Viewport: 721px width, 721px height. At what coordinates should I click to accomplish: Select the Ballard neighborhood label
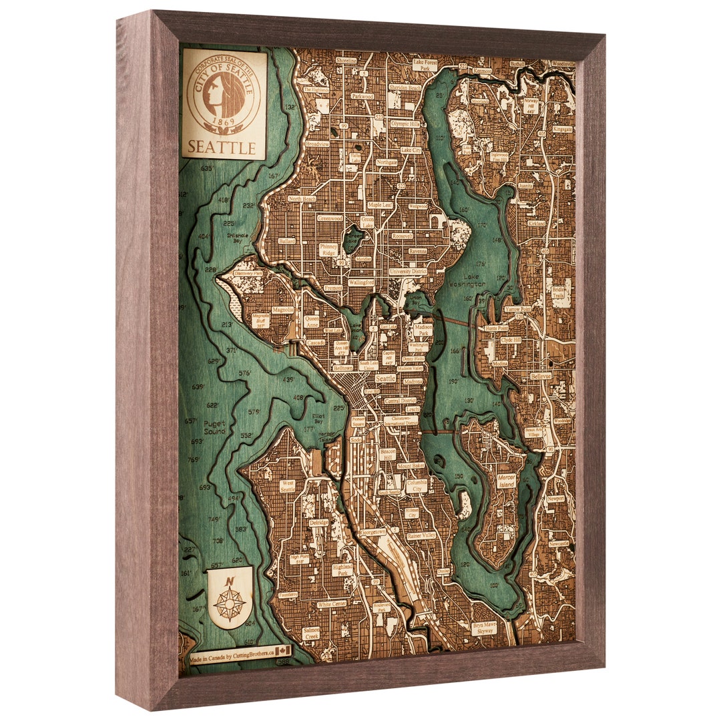(x=287, y=240)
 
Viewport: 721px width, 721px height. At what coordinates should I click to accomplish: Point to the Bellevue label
(x=541, y=377)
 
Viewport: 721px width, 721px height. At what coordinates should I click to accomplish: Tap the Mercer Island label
(x=507, y=481)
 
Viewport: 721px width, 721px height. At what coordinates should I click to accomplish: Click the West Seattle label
(x=288, y=486)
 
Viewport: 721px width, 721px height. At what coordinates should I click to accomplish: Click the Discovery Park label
(x=248, y=273)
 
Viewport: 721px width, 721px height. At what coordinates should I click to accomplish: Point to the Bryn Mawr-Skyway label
(x=483, y=628)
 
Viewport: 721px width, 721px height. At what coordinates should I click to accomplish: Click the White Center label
(x=332, y=604)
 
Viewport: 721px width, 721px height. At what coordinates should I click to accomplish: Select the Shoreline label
(x=346, y=60)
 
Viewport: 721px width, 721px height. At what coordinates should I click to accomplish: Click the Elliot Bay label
(x=318, y=419)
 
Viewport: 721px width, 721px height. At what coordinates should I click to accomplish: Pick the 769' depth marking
(x=194, y=459)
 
